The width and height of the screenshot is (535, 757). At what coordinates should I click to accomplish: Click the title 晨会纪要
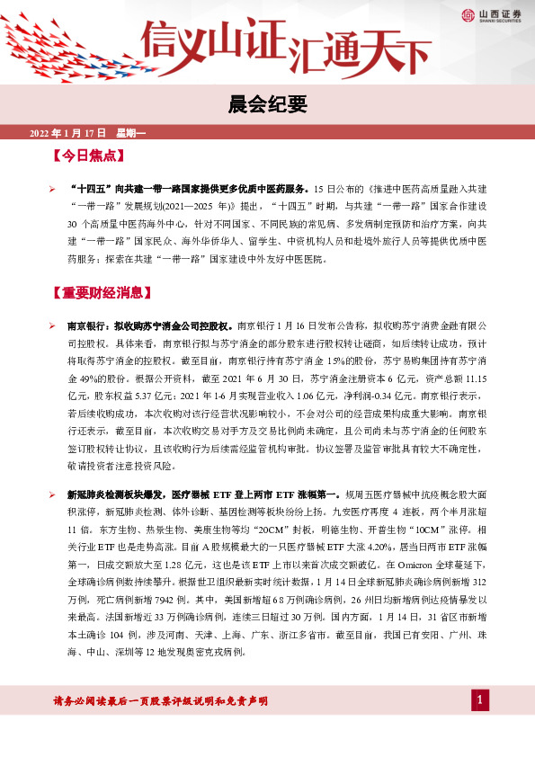pyautogui.click(x=268, y=102)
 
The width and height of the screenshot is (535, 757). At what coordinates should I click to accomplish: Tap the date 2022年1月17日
pyautogui.click(x=68, y=132)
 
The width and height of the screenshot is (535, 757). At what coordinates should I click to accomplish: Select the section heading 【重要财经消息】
pyautogui.click(x=105, y=294)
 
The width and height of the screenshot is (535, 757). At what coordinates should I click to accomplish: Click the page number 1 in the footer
pyautogui.click(x=480, y=701)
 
